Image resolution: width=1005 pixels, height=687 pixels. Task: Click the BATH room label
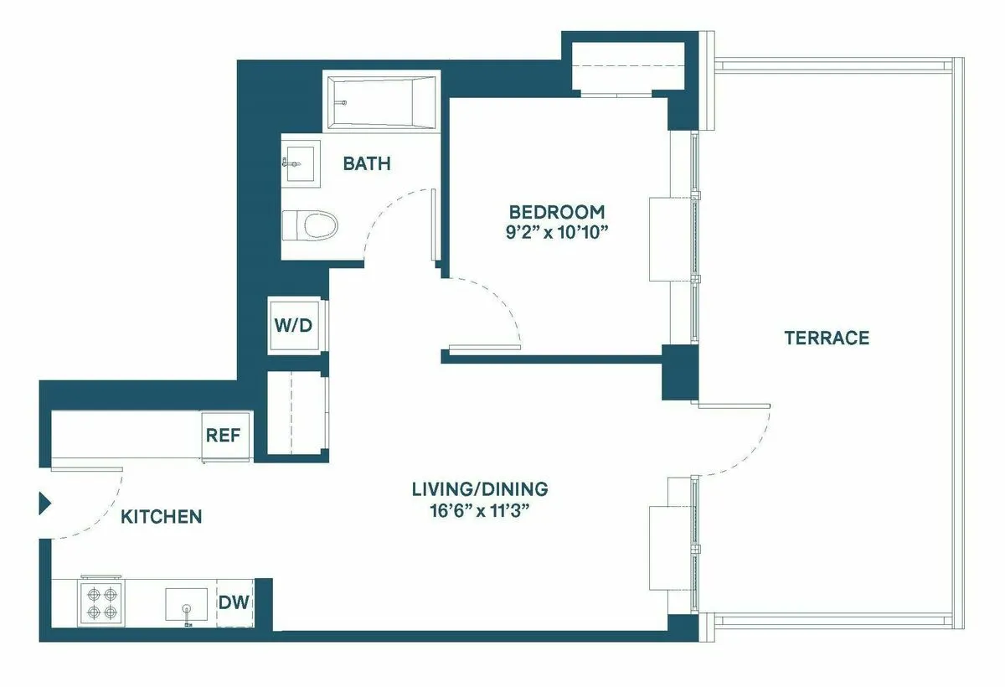(367, 163)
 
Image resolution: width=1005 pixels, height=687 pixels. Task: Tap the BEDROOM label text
(556, 212)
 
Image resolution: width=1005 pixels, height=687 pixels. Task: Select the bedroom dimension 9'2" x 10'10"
(556, 232)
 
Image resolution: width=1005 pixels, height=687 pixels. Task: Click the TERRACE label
(826, 338)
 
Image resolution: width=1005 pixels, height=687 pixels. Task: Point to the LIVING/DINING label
(480, 488)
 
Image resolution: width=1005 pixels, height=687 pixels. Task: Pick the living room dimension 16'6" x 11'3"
(480, 510)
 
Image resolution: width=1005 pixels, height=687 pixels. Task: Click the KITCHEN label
(162, 517)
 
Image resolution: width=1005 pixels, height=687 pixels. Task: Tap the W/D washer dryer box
(293, 324)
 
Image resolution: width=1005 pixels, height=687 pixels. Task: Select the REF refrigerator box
(224, 436)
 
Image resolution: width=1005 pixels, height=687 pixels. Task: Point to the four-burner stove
(100, 602)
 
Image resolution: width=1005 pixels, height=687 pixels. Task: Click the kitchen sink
(186, 603)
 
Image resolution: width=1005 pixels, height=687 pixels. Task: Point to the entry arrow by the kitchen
(45, 504)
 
